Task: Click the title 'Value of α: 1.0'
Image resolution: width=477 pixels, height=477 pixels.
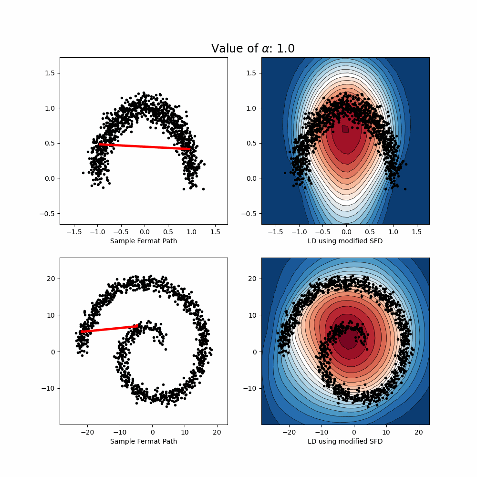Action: tap(253, 48)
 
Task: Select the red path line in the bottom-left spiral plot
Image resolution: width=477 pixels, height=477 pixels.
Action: tap(110, 329)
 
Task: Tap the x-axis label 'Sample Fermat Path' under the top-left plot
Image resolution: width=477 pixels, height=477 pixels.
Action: tap(144, 241)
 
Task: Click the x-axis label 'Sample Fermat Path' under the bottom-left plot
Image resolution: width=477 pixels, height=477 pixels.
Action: tap(144, 441)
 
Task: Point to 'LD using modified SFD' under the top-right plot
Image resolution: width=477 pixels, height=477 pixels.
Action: tap(345, 241)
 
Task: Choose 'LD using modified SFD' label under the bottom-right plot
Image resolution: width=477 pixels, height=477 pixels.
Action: tap(345, 441)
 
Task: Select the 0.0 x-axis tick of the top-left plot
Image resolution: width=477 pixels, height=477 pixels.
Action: tap(144, 231)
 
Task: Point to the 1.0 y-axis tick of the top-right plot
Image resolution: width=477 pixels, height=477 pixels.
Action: tap(252, 108)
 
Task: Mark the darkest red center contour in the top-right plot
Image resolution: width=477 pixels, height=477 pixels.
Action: tap(345, 129)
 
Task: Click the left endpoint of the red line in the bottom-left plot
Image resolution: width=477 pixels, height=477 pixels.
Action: tap(82, 332)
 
